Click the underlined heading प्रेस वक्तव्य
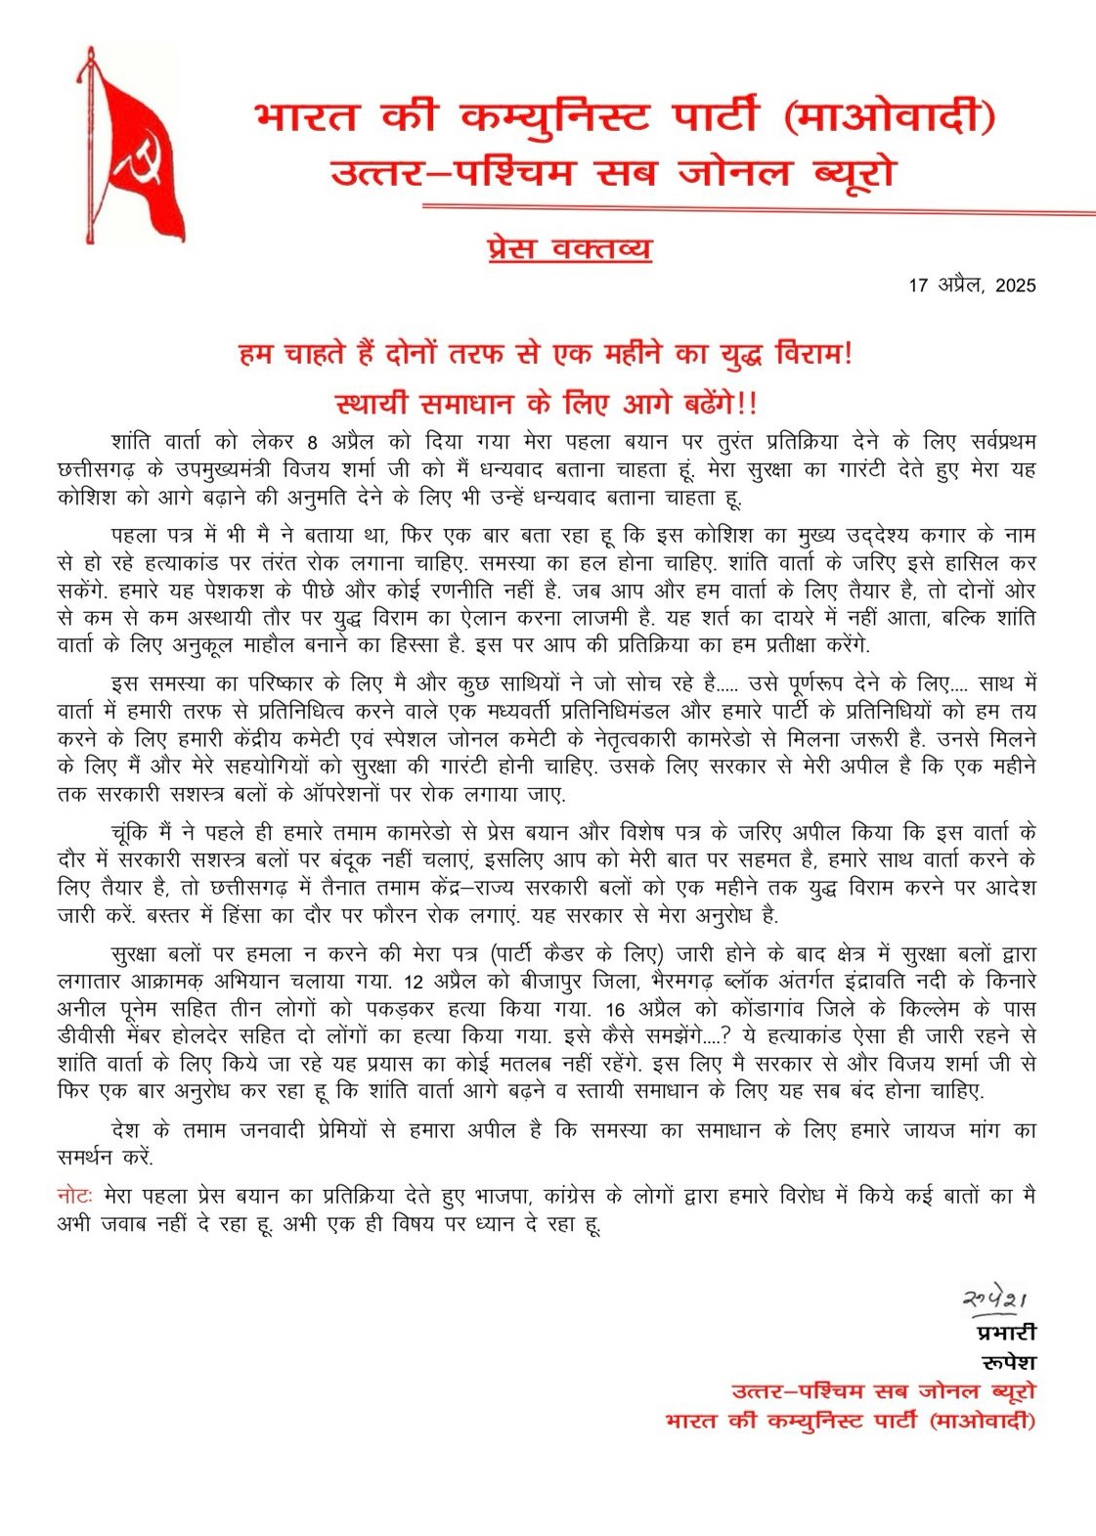coord(569,248)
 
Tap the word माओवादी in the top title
coord(891,118)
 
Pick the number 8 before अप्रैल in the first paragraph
coord(313,442)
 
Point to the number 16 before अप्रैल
coord(615,1008)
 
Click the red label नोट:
coord(74,1196)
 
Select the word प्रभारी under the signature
coord(1006,1333)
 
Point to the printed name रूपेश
coord(1008,1362)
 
